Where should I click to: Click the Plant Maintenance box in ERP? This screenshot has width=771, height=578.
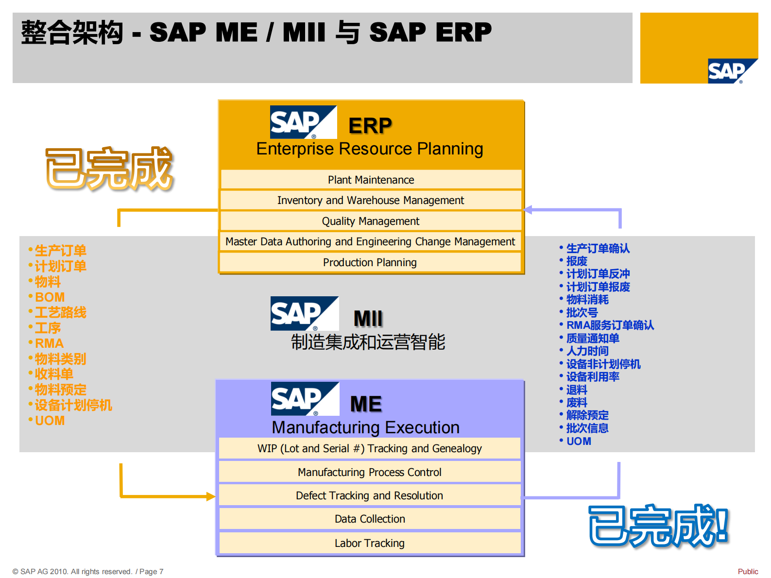(x=371, y=180)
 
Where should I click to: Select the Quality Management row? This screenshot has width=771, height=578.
(x=371, y=221)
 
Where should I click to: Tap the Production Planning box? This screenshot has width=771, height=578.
(x=370, y=262)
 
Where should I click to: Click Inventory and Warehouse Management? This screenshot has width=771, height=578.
(x=371, y=200)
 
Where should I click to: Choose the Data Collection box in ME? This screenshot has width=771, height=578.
(x=370, y=519)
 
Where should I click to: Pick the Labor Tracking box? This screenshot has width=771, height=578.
(x=370, y=543)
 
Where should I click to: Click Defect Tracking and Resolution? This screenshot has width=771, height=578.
(x=370, y=495)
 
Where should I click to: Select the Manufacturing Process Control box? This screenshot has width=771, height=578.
(x=370, y=472)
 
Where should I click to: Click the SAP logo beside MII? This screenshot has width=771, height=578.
(x=304, y=313)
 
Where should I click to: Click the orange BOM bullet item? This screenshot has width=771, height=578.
(x=50, y=297)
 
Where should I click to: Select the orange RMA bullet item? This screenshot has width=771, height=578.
(x=49, y=343)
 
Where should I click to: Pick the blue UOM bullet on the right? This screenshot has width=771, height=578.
(x=579, y=441)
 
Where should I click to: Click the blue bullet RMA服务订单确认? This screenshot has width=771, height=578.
(x=610, y=325)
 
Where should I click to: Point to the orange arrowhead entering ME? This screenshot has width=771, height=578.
(x=211, y=496)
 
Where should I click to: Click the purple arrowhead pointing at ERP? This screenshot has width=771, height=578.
(x=529, y=210)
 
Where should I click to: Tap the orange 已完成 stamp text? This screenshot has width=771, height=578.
(x=109, y=168)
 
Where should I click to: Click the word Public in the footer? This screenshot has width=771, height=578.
(x=748, y=571)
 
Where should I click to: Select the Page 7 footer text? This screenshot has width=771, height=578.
(x=151, y=571)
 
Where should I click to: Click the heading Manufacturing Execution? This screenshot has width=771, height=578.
(x=365, y=427)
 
